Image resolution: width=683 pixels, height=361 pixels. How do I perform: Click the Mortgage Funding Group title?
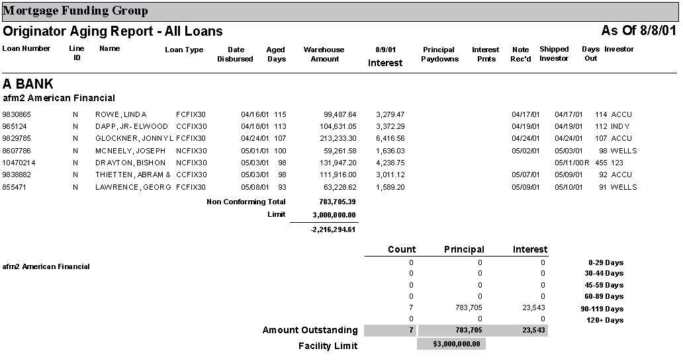75,11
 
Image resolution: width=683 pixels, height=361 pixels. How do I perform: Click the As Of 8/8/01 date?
638,31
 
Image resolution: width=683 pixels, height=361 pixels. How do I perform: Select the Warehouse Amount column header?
324,54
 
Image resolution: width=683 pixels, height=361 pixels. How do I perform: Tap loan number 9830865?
17,114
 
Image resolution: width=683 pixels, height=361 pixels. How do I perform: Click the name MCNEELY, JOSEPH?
130,151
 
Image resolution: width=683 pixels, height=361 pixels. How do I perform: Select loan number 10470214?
19,163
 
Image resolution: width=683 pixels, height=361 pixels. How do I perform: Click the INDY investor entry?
620,126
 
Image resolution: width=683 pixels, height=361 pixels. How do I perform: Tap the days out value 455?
601,163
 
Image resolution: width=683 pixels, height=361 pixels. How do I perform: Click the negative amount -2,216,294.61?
333,230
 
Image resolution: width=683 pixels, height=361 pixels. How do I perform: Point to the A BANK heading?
28,84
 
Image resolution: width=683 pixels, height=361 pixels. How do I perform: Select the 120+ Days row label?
605,321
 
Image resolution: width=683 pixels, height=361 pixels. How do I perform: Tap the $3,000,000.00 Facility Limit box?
451,344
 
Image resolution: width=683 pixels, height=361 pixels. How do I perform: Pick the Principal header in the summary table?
463,249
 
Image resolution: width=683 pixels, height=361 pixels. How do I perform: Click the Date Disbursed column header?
235,54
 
